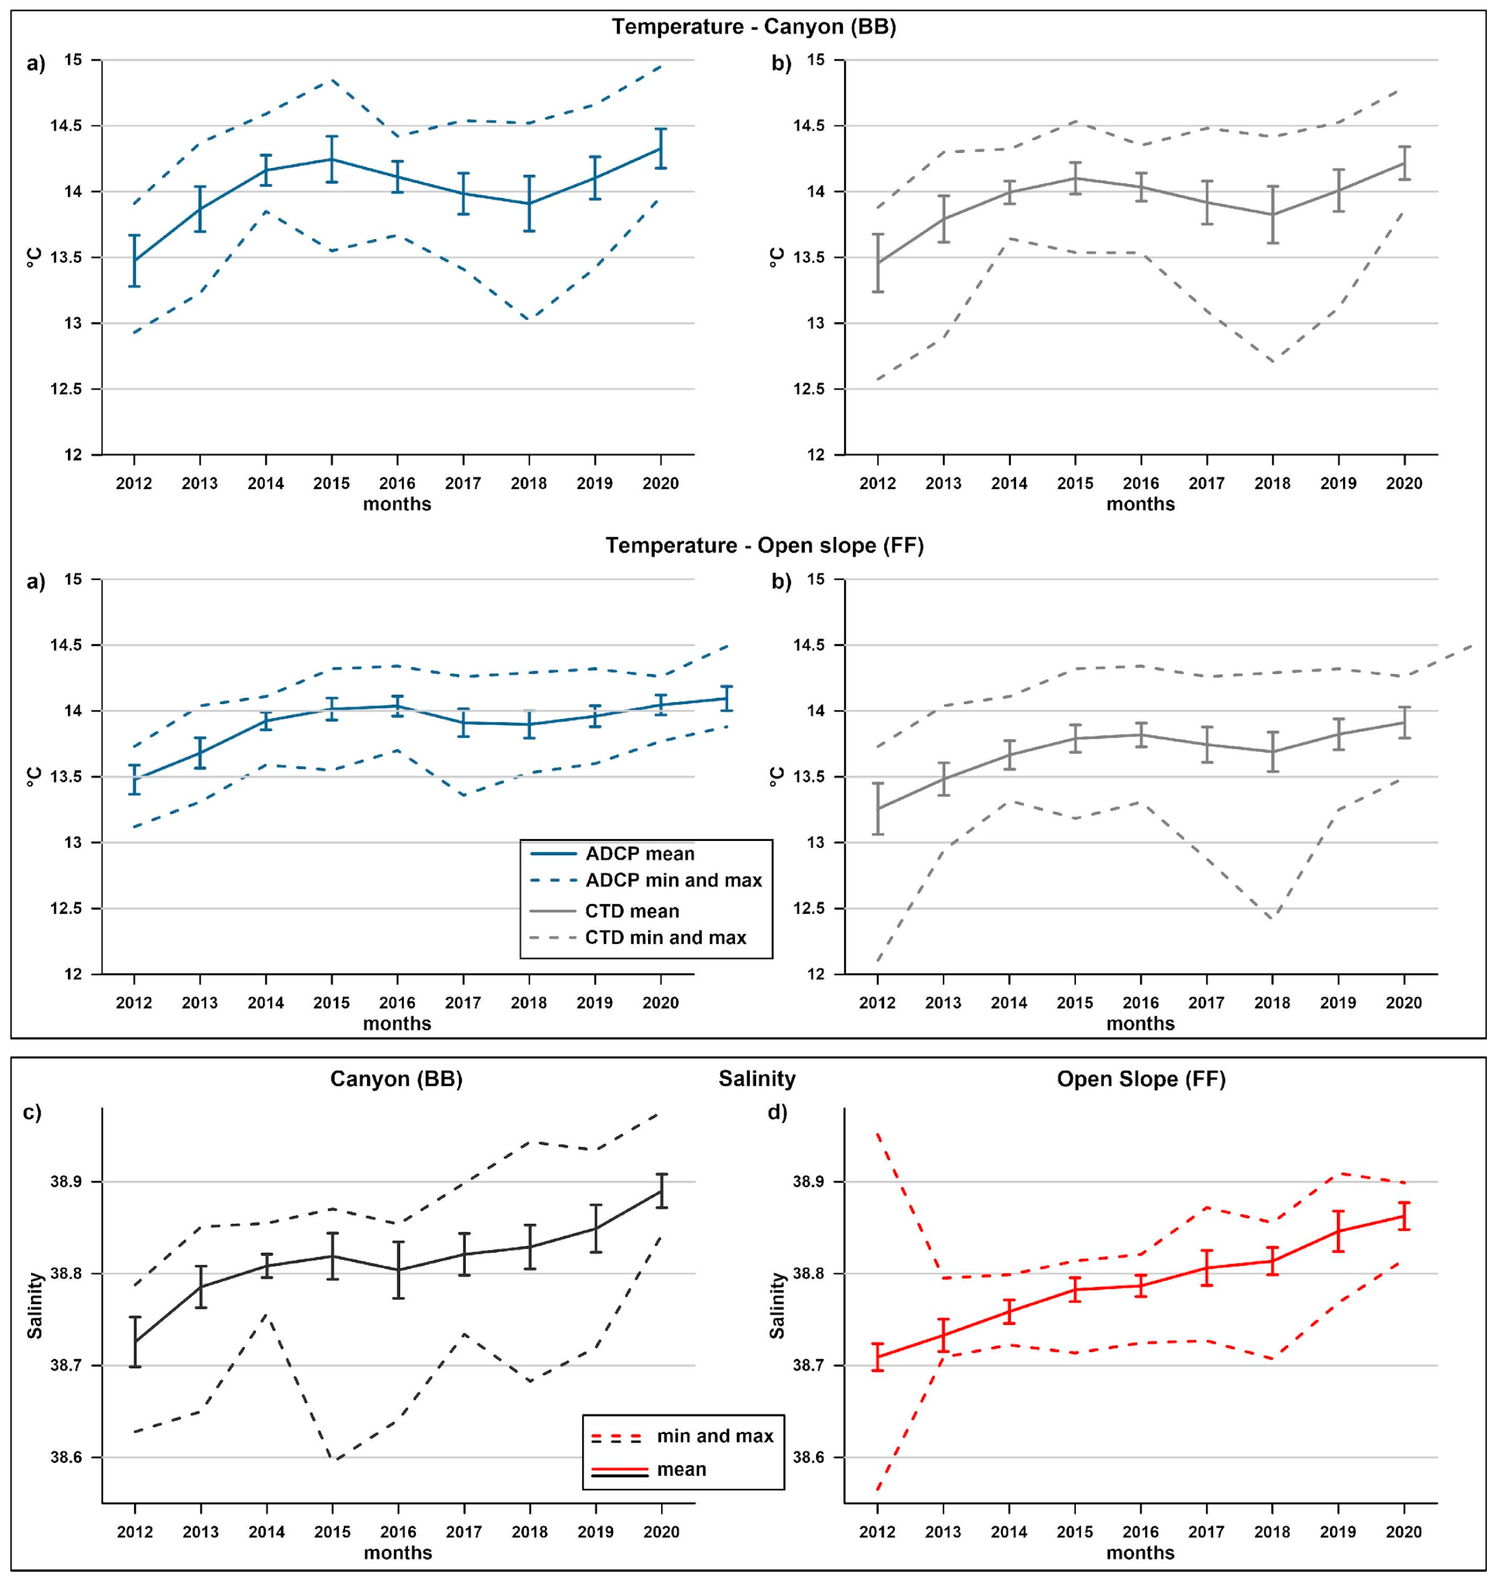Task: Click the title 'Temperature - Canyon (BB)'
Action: coord(754,27)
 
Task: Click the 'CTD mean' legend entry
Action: coord(631,911)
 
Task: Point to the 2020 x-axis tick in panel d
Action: coord(1404,1532)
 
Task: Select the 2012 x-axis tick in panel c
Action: coord(135,1532)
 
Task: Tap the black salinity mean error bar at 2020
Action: coord(661,1191)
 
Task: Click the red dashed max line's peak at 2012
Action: coord(878,1134)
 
